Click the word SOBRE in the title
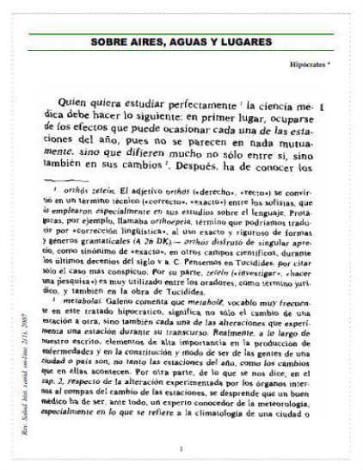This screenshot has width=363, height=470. (x=111, y=40)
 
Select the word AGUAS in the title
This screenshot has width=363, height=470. (x=196, y=40)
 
